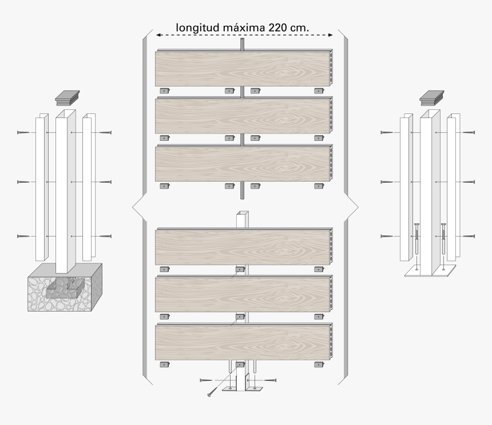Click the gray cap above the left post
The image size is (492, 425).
pyautogui.click(x=67, y=98)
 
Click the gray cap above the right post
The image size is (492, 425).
pyautogui.click(x=431, y=98)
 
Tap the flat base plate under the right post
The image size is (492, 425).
pyautogui.click(x=430, y=272)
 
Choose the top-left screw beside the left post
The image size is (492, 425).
pyautogui.click(x=24, y=133)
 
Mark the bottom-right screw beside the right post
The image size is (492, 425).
pyautogui.click(x=468, y=237)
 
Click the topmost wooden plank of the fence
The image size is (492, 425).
pyautogui.click(x=243, y=69)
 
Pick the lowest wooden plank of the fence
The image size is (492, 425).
pyautogui.click(x=243, y=343)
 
